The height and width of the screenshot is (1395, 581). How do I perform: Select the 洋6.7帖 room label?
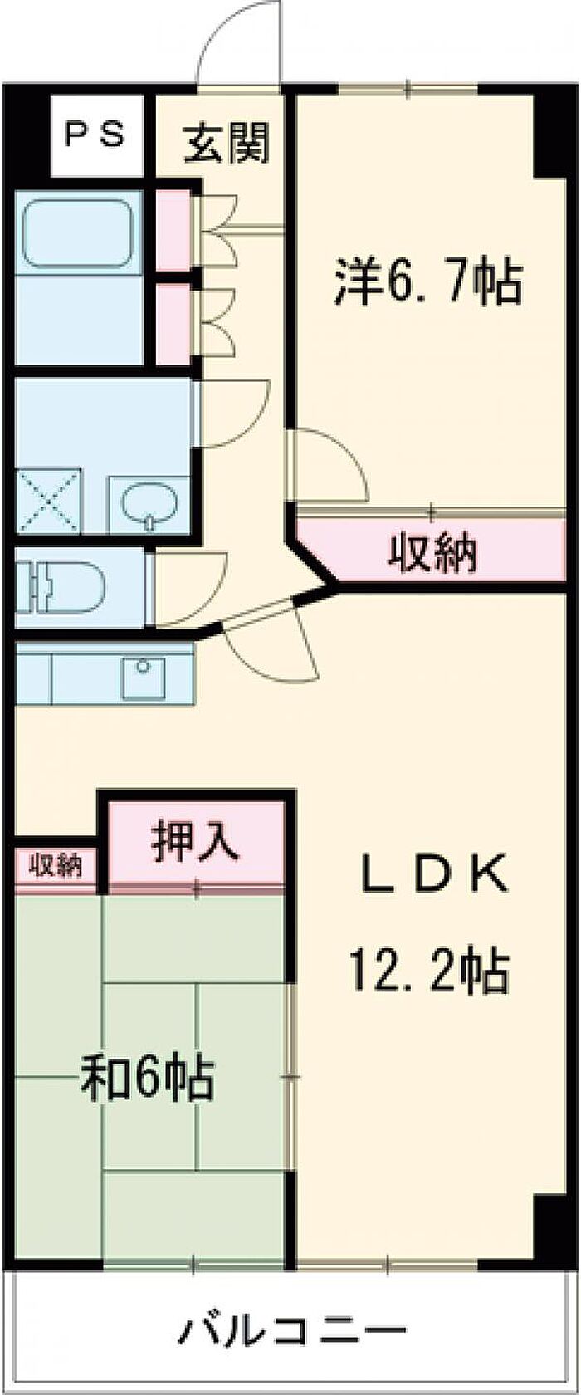point(428,282)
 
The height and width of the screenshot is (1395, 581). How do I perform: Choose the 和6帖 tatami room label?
point(147,1078)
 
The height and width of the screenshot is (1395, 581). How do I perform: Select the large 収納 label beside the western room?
point(434,551)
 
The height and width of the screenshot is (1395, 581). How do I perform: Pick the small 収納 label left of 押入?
point(56,866)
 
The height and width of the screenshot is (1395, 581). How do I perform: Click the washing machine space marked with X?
point(48,502)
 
